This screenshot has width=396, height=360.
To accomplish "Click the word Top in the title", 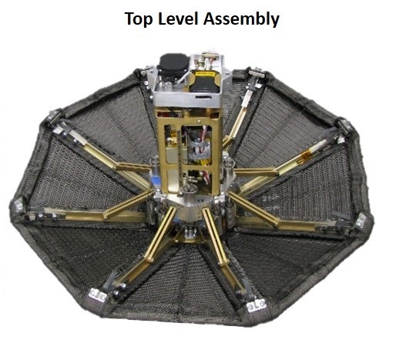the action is [x=139, y=19].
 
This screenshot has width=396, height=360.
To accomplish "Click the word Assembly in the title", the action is [x=241, y=19].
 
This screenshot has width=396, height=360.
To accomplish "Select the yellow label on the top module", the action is [x=205, y=75].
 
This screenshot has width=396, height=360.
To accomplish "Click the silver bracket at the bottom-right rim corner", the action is [x=257, y=306].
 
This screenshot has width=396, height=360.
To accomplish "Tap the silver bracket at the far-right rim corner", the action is [x=361, y=221].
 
